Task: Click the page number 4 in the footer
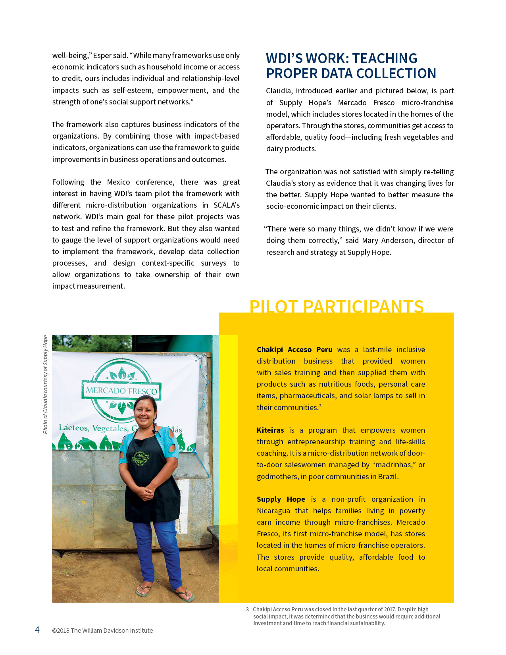[37, 630]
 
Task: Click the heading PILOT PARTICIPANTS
[336, 306]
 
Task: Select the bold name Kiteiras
[270, 430]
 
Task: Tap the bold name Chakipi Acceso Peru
[294, 350]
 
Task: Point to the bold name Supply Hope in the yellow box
[281, 499]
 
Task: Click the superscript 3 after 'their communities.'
[320, 406]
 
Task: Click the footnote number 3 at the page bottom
[247, 609]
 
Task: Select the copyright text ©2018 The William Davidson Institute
[102, 630]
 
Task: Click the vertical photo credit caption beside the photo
[46, 384]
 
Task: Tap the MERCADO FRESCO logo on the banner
[121, 390]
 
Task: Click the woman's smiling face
[144, 411]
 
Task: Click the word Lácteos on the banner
[74, 428]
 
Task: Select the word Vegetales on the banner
[110, 428]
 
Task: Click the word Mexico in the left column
[118, 182]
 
